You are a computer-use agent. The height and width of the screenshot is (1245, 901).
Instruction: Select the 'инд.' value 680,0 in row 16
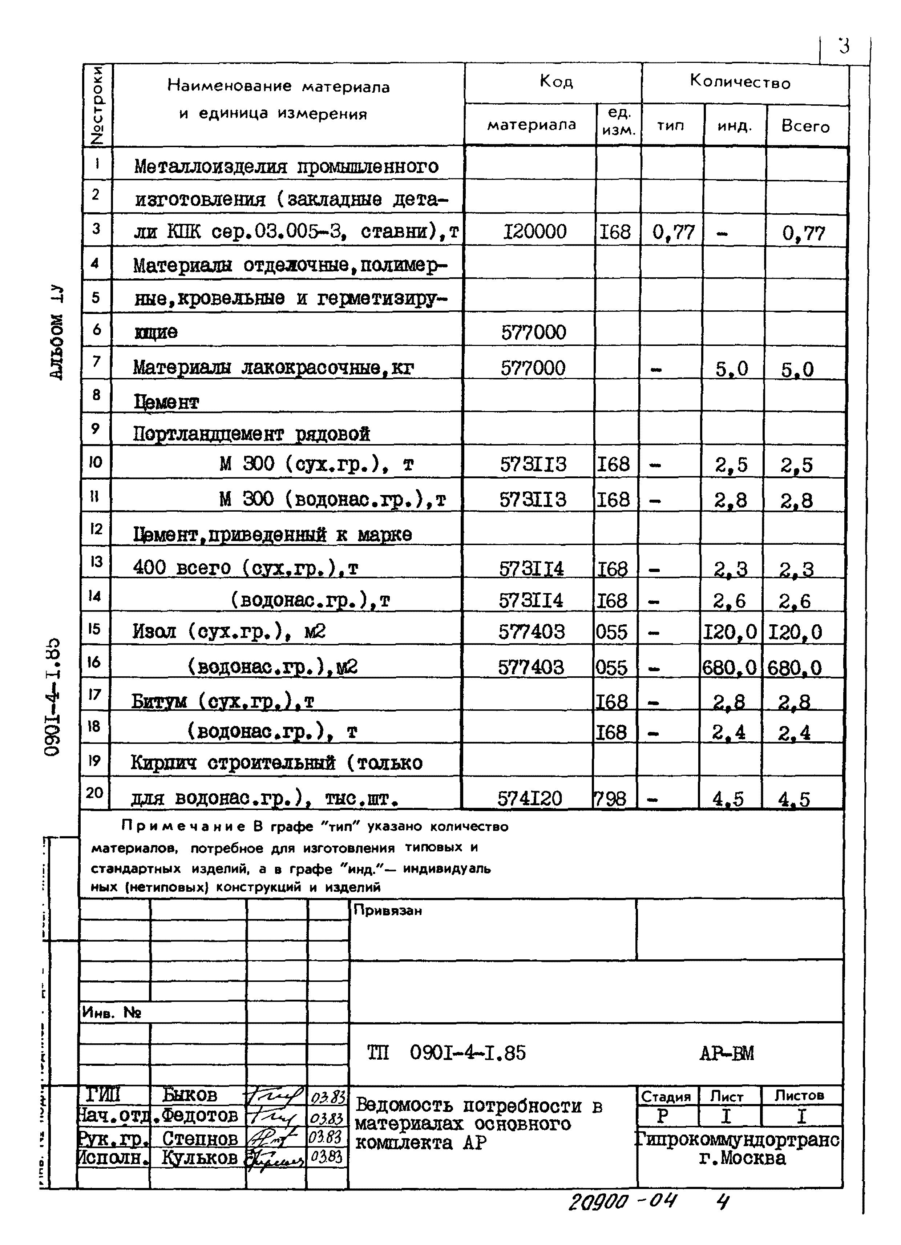729,668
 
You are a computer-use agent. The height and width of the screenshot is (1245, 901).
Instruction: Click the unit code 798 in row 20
610,798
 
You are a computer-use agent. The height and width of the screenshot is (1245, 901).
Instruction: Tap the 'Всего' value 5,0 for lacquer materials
797,370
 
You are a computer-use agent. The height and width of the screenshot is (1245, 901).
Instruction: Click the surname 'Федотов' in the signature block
200,1116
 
